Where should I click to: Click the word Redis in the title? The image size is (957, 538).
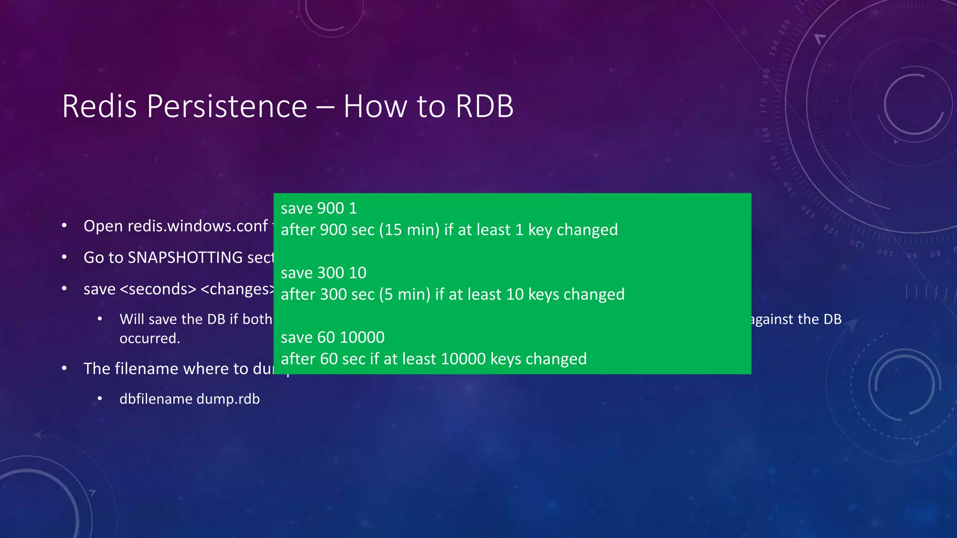(100, 106)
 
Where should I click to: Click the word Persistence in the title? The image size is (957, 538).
(227, 106)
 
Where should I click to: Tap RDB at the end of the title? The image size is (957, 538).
(484, 106)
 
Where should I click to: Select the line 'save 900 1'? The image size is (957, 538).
(319, 208)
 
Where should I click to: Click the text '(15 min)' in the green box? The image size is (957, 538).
(409, 230)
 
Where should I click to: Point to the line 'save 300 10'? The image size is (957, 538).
(323, 273)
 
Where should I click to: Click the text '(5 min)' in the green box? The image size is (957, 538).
(405, 294)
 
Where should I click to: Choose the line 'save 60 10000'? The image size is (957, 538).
(333, 337)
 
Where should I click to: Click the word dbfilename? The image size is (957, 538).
(156, 399)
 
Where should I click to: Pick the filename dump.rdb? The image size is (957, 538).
(228, 399)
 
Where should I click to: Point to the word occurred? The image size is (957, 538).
(150, 338)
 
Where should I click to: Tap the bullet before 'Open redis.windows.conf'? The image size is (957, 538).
(64, 226)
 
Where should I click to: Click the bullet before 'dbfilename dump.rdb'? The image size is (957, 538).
(100, 399)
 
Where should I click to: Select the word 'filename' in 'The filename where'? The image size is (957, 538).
(142, 369)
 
